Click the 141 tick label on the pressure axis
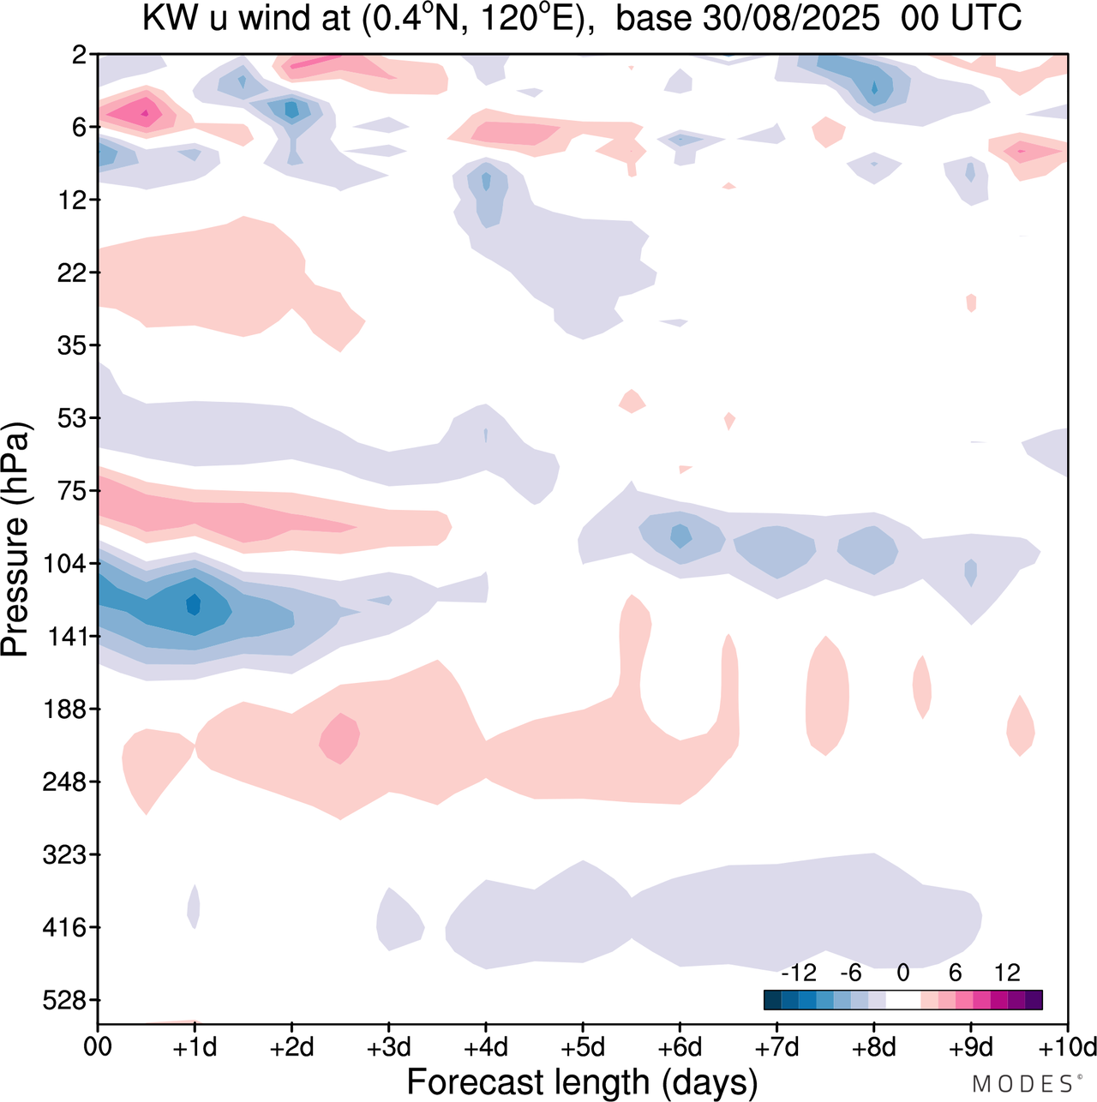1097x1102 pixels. [64, 637]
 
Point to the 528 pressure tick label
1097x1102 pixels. [64, 1000]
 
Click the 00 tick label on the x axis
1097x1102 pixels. [98, 1047]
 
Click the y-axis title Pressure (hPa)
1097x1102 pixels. [15, 540]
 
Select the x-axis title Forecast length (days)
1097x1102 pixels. [582, 1081]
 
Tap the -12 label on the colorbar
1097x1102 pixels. [798, 973]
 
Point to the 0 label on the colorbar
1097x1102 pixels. [902, 973]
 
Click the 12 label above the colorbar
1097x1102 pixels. [1007, 973]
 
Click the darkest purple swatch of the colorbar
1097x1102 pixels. [1034, 1000]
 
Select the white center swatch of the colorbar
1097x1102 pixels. [902, 1000]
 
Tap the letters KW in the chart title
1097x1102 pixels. [160, 19]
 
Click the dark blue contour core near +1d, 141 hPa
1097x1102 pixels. [193, 605]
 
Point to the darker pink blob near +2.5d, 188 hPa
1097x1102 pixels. [339, 737]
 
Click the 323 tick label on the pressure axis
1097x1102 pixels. [64, 854]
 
